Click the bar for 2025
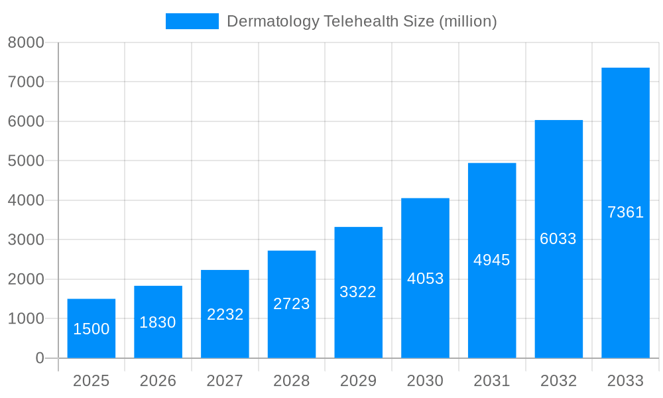tap(91, 328)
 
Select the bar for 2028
tap(292, 304)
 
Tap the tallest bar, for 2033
tap(625, 213)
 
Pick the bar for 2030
tap(425, 278)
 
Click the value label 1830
tap(158, 322)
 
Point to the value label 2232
tap(225, 314)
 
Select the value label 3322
tap(358, 292)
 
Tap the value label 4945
tap(492, 260)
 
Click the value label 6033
tap(558, 239)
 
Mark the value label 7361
tap(625, 212)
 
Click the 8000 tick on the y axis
tap(26, 42)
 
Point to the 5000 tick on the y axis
tap(26, 161)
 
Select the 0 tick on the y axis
tap(39, 358)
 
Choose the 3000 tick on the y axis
tap(26, 240)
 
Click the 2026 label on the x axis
tap(158, 381)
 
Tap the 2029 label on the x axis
tap(358, 381)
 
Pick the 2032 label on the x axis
tap(558, 381)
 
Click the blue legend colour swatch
tap(192, 21)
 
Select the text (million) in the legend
tap(467, 21)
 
